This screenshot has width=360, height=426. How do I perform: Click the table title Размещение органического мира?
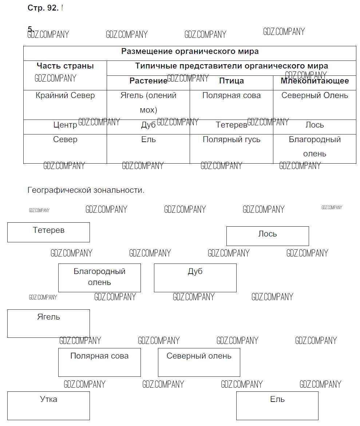190,51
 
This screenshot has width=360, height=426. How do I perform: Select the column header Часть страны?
65,66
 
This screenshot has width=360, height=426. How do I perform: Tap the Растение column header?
148,81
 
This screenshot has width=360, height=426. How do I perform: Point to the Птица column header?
231,81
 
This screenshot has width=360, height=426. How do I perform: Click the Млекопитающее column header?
314,81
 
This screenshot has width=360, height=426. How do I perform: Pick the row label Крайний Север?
65,95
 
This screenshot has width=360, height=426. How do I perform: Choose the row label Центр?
65,125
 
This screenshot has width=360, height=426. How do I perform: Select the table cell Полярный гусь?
231,140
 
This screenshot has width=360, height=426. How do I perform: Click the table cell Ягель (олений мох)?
148,102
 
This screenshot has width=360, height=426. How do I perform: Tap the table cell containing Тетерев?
231,125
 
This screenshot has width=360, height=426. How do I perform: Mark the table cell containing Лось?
314,125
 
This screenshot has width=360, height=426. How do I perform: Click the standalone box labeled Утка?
48,405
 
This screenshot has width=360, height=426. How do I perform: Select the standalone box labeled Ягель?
48,323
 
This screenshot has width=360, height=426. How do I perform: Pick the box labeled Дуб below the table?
195,278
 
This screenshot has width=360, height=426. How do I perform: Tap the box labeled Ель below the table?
277,405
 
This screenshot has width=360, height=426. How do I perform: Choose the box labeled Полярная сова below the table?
99,362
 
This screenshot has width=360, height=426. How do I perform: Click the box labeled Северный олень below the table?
199,362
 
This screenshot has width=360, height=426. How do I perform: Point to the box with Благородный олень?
99,278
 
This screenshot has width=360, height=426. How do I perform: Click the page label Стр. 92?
43,8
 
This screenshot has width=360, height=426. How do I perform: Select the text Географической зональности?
86,190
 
